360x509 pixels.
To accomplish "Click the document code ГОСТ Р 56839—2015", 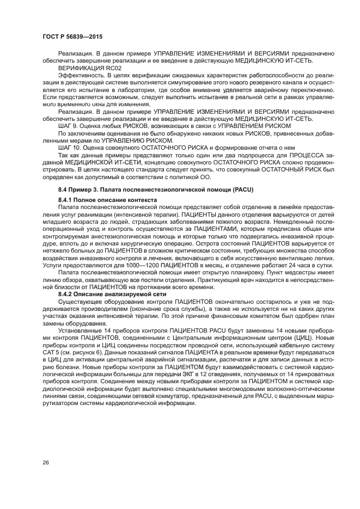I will coord(72,36).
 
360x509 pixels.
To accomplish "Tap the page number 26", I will coord(46,462).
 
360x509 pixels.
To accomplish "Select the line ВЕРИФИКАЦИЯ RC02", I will coord(83,68).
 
